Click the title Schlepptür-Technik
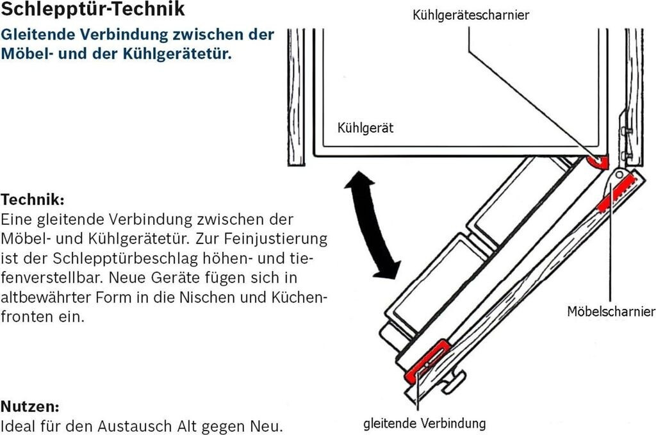[93, 10]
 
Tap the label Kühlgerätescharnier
[470, 14]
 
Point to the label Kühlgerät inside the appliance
[365, 128]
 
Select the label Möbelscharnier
[611, 311]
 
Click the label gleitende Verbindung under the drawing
[424, 423]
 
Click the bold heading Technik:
[33, 199]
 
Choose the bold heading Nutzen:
[30, 406]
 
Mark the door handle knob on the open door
[452, 382]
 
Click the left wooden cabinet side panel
[296, 96]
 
